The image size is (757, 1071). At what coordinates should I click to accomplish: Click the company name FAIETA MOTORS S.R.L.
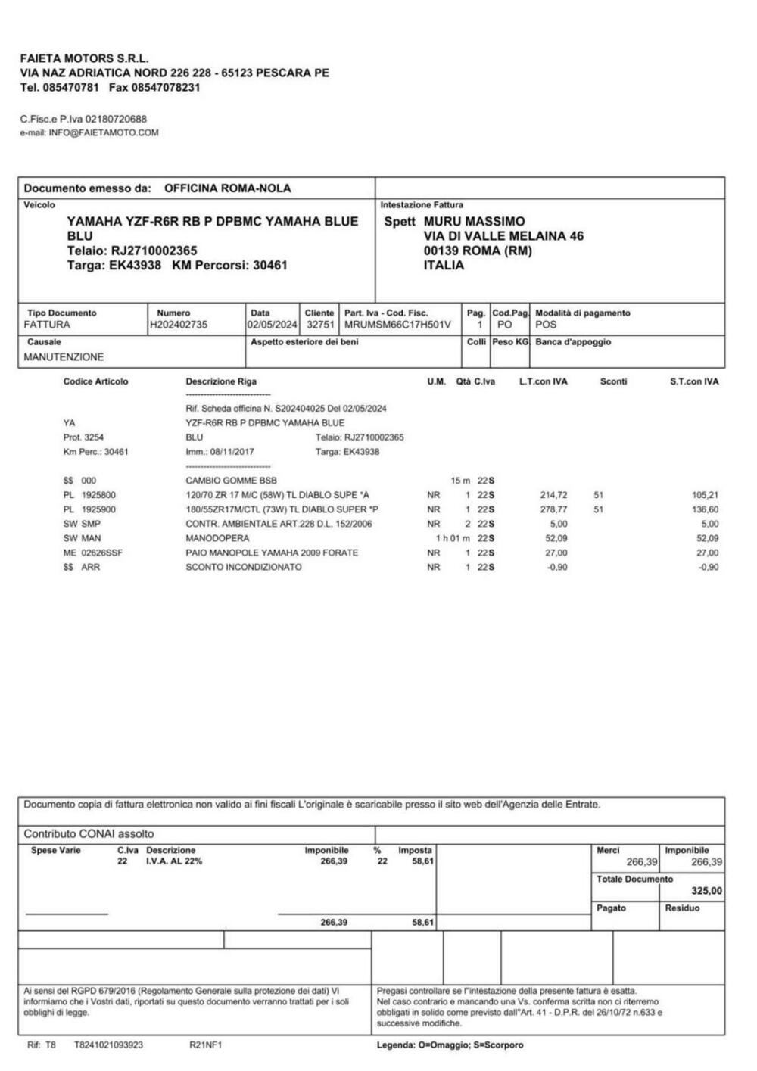[85, 58]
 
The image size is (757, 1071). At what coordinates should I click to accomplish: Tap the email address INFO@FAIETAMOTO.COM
[104, 133]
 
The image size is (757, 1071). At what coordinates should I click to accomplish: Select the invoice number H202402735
[179, 325]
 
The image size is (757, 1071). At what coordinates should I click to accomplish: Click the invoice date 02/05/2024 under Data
[272, 325]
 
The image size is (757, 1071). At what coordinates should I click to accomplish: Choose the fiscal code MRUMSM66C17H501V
[397, 325]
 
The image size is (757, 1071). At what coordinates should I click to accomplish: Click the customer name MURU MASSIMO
[474, 222]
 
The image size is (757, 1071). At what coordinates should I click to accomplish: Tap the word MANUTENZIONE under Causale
[64, 356]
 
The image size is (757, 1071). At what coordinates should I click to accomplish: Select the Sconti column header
[613, 381]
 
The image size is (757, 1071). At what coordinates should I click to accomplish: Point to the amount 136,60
[705, 509]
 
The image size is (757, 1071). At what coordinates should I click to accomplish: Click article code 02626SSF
[104, 553]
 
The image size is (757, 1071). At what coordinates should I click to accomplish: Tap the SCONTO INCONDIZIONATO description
[243, 567]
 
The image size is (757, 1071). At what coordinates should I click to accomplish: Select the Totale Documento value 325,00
[706, 891]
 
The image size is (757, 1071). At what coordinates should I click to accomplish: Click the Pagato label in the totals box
[611, 908]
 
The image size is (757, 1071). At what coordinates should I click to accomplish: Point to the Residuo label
[682, 908]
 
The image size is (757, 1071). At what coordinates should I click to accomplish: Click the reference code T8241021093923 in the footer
[108, 1045]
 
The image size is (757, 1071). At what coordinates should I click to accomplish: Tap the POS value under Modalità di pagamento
[545, 325]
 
